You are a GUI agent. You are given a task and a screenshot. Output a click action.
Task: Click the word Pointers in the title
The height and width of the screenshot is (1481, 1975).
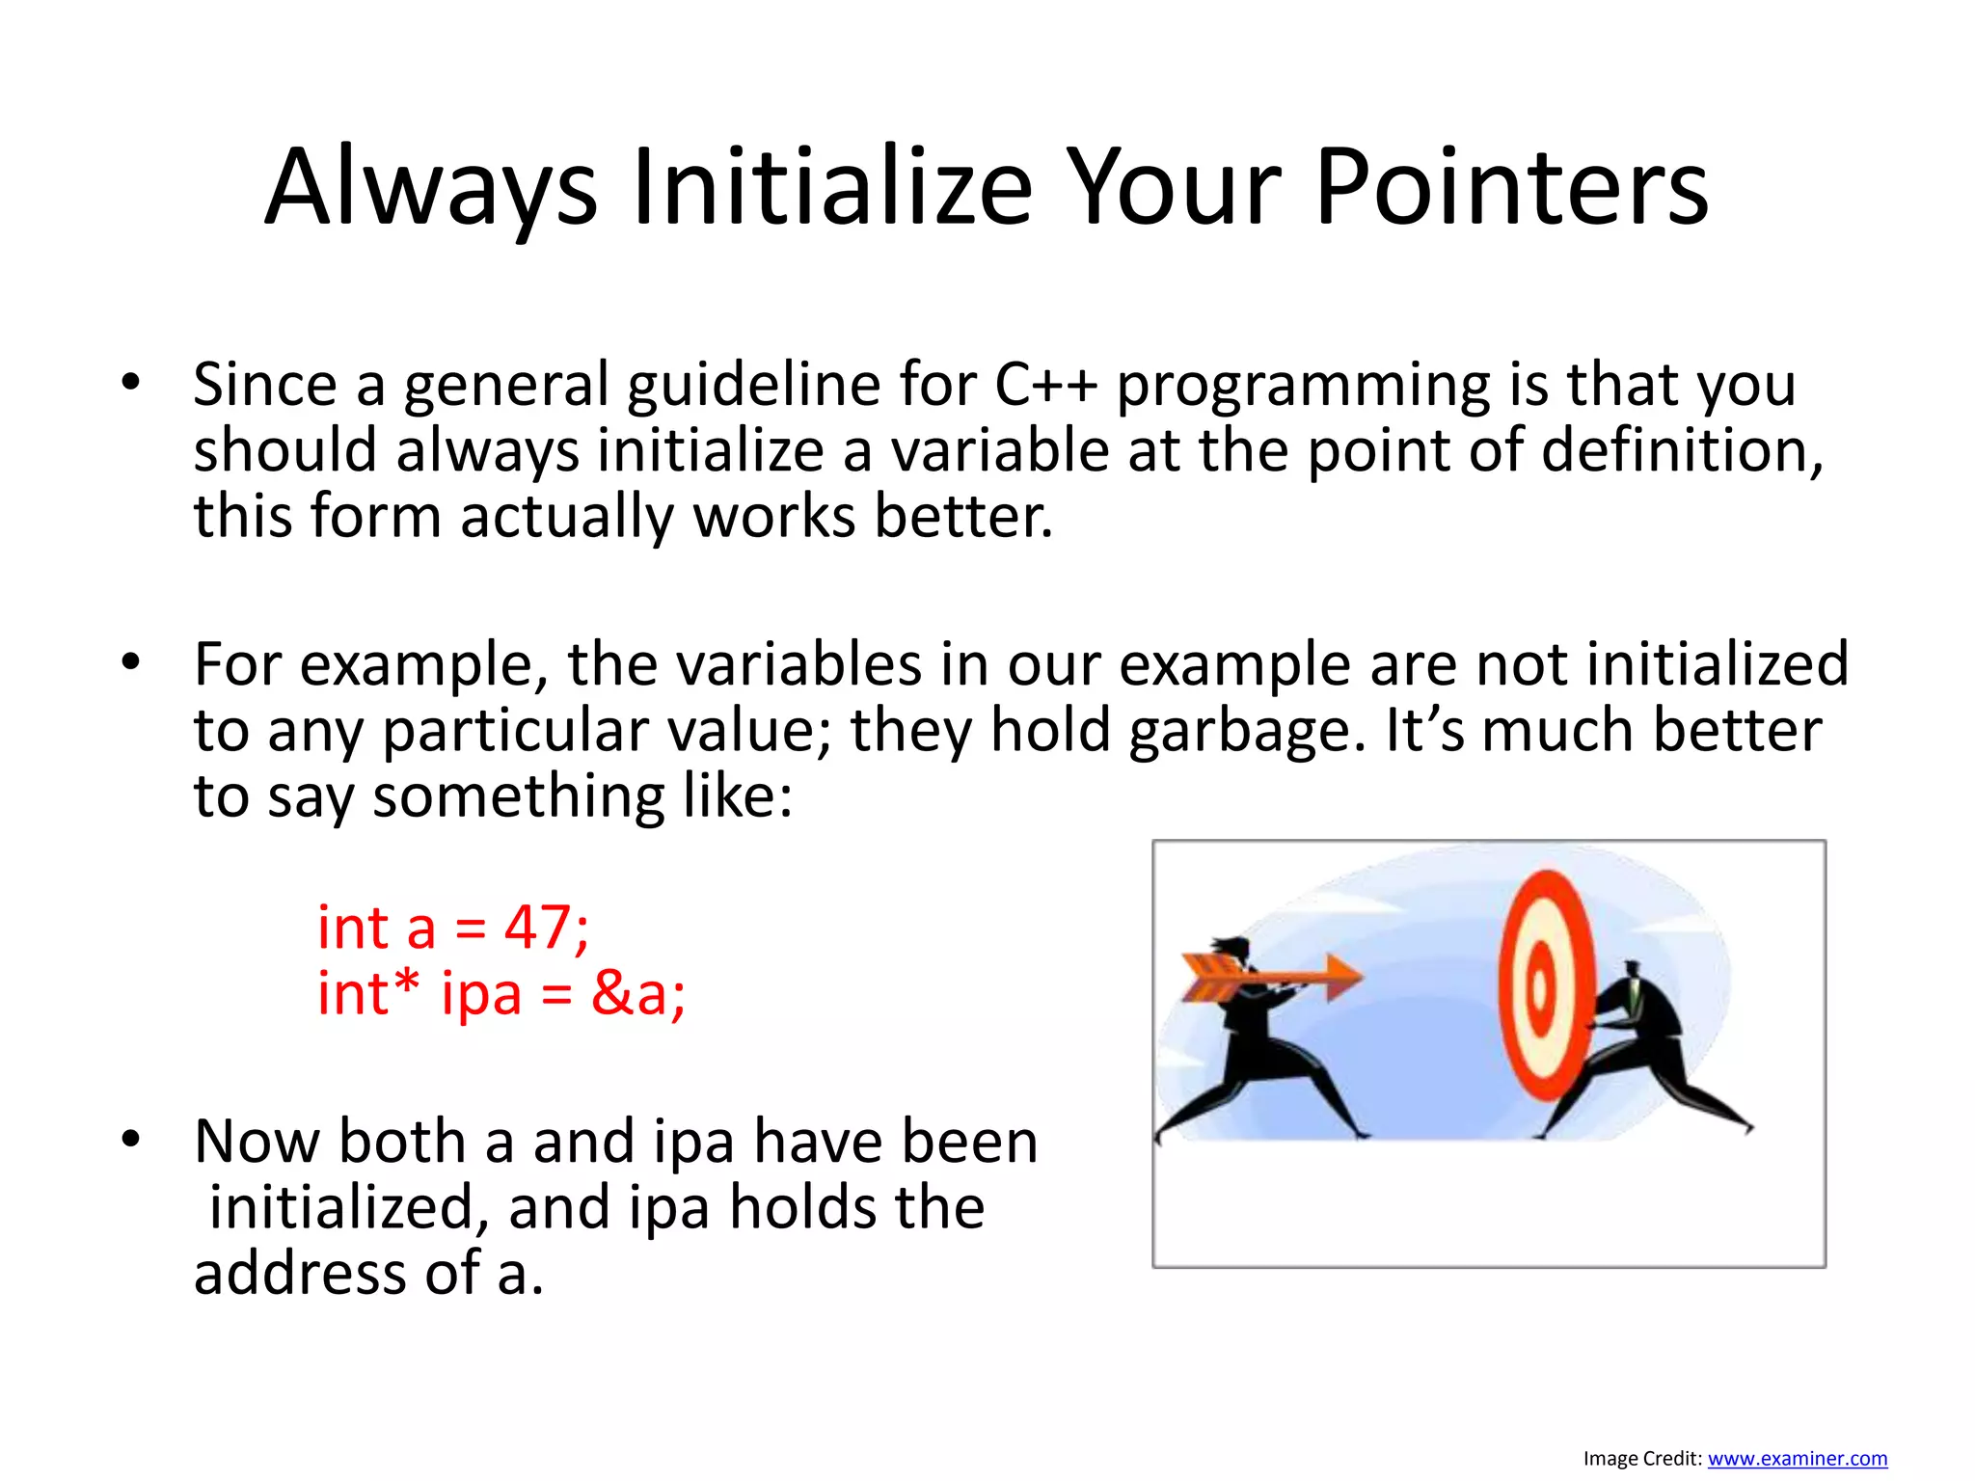1511,188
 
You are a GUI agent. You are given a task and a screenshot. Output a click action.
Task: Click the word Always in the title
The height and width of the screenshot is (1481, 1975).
431,188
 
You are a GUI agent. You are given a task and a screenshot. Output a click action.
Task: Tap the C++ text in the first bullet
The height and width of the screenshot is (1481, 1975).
1045,384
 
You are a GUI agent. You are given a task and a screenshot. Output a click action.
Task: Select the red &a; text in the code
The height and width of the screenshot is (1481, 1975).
638,993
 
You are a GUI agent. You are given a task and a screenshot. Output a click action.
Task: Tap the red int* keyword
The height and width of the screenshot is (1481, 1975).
369,993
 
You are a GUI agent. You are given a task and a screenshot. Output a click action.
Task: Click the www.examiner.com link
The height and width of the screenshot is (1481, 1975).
1797,1459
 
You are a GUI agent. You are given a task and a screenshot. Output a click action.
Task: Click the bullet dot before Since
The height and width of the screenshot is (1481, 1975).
131,384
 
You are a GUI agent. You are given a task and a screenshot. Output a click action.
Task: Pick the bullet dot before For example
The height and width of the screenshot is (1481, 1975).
131,663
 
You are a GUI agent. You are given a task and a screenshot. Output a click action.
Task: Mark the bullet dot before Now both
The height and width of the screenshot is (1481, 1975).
131,1141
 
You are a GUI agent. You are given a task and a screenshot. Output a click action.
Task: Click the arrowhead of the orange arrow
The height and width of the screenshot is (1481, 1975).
1342,977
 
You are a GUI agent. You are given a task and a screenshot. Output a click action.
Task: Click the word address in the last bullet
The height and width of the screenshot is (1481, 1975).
300,1274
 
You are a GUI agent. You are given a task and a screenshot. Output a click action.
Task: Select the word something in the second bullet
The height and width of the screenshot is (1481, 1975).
518,797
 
